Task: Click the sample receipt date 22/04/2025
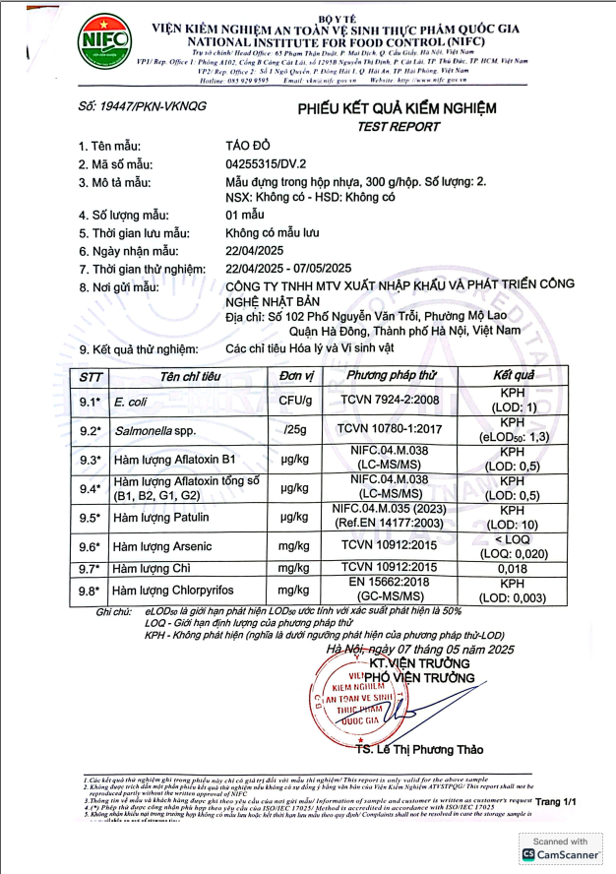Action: [258, 252]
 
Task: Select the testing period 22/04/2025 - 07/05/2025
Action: [288, 269]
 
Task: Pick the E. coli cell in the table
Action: [130, 402]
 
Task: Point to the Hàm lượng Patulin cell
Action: [160, 518]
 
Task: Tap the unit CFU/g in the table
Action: [295, 402]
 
